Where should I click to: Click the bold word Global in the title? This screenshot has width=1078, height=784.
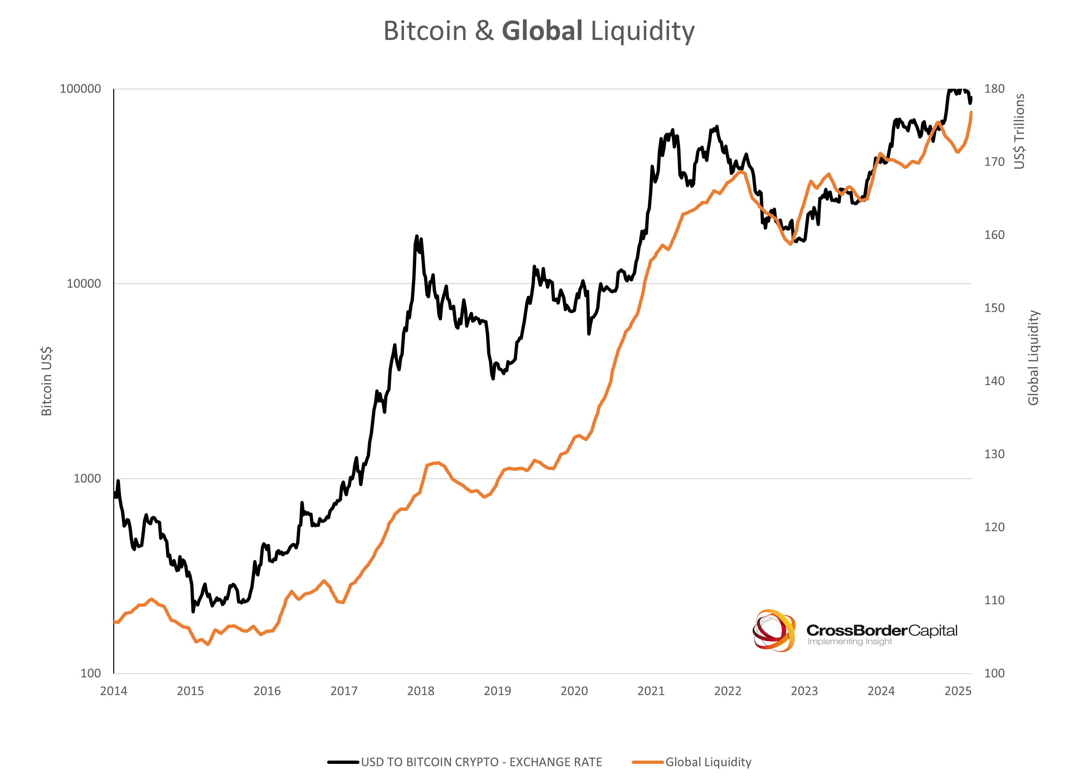point(542,31)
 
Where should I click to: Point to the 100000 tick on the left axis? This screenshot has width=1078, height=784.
point(80,89)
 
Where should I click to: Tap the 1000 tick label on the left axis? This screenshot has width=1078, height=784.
point(87,478)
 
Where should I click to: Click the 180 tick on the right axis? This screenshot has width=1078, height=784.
point(994,89)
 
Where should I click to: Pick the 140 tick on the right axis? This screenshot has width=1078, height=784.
point(994,381)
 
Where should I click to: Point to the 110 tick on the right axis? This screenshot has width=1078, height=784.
point(994,600)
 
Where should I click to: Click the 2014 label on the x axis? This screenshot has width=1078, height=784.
point(114,691)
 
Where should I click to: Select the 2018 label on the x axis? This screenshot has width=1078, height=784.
point(421,691)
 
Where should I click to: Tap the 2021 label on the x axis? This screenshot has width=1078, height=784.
point(651,691)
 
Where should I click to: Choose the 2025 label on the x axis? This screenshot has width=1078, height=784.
point(958,691)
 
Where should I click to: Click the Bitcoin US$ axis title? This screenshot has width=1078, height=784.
point(47,381)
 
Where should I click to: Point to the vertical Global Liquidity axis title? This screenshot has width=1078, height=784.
point(1033,357)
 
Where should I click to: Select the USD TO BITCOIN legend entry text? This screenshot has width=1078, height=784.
point(481,762)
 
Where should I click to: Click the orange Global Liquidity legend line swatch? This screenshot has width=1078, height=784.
point(647,762)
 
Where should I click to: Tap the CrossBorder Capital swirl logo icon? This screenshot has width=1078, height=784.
point(774,631)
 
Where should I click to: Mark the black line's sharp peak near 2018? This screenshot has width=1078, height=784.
point(417,236)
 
